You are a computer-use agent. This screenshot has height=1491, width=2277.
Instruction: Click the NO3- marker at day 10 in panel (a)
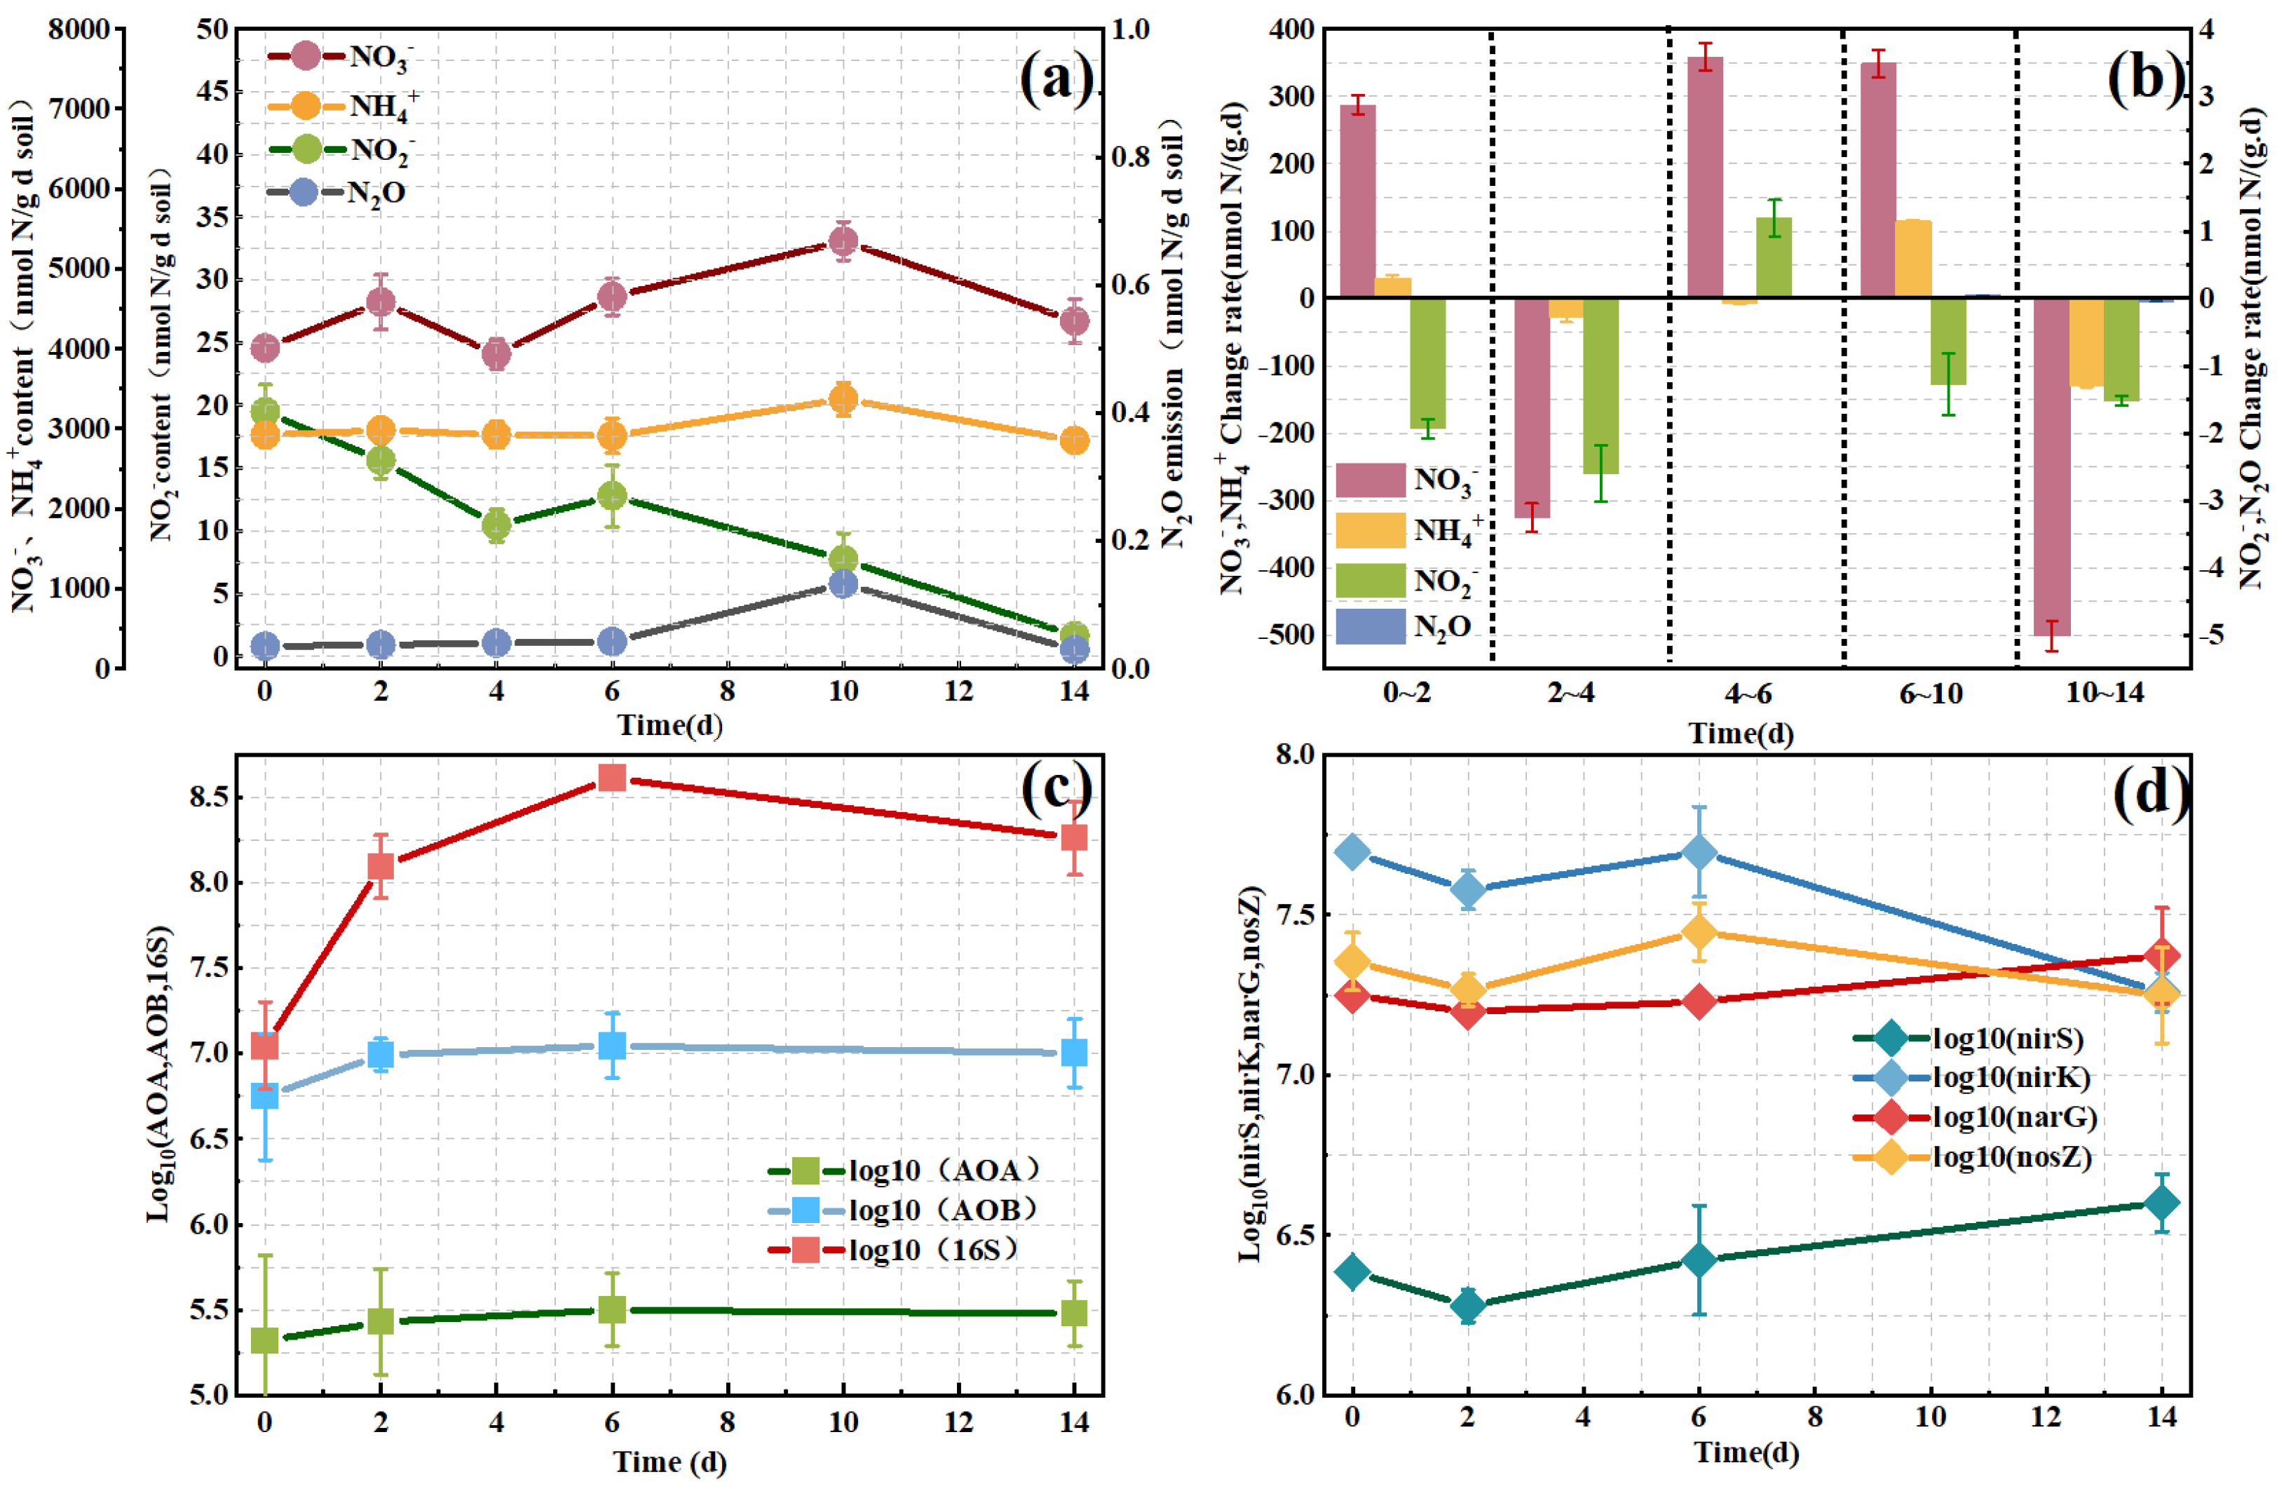click(843, 241)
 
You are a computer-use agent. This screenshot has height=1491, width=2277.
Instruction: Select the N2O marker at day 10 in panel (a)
click(843, 583)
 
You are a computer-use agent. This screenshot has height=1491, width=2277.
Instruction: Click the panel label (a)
click(1056, 79)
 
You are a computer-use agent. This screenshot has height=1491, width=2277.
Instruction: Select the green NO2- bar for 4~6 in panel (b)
click(1774, 257)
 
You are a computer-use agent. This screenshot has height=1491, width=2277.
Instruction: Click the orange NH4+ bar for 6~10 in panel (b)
click(1913, 259)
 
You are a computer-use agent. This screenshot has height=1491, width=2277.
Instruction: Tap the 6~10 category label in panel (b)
click(1931, 692)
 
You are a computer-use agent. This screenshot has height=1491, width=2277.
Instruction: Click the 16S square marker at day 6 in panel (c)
click(612, 777)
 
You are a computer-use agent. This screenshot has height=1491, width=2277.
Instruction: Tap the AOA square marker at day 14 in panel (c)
click(1075, 1312)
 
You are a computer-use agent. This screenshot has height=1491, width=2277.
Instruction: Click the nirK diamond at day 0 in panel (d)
click(1352, 851)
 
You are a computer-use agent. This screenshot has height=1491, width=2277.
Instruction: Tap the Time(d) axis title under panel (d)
click(1746, 1452)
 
